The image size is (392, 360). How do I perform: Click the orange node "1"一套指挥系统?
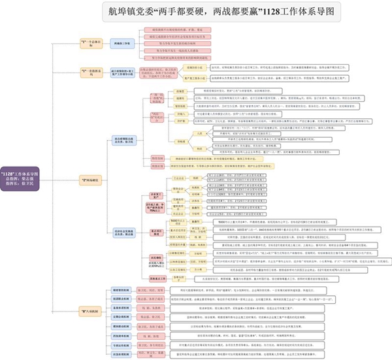[91, 71]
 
